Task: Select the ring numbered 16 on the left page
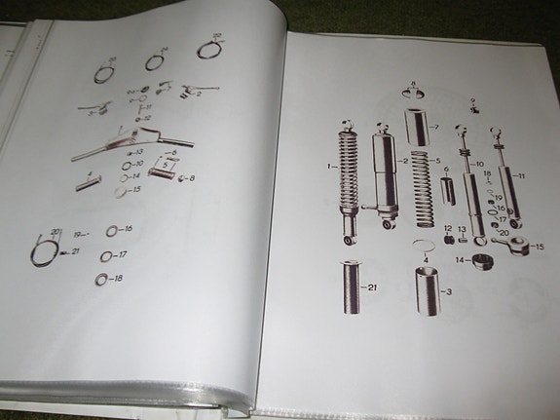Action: (113, 231)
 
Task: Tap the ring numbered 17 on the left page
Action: (107, 256)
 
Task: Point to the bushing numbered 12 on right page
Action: (448, 238)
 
